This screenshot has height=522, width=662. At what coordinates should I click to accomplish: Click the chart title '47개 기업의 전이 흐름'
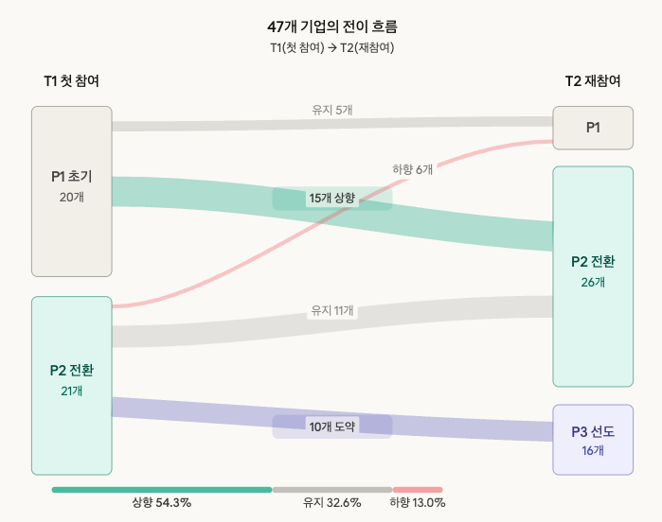tap(331, 26)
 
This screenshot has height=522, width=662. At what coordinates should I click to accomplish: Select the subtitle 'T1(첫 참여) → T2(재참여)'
tap(331, 47)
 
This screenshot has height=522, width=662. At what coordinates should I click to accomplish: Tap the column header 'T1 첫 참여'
tap(71, 81)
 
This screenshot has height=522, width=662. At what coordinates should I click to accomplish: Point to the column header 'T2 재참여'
tap(593, 81)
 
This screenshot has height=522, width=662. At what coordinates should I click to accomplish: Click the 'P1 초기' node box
tap(71, 191)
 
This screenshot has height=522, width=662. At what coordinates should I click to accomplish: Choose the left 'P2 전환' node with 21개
tap(71, 385)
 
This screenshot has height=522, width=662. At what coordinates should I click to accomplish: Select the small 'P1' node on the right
tap(593, 128)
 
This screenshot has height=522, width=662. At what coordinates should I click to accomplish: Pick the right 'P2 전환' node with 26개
tap(593, 276)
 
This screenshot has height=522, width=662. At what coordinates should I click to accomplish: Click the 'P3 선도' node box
tap(593, 440)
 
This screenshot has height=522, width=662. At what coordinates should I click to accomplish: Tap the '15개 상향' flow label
tap(331, 199)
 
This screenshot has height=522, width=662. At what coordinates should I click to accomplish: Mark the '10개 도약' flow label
tap(331, 426)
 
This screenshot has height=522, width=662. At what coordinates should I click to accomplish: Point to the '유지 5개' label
tap(332, 110)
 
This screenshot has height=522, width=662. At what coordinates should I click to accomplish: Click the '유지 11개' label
tap(332, 310)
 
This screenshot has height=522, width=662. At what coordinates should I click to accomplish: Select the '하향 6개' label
tap(413, 169)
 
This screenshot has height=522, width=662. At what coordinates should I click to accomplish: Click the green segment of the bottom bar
tap(162, 490)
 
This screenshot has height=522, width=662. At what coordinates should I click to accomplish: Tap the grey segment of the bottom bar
tap(332, 490)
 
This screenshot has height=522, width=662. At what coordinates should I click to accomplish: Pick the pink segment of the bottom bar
tap(418, 490)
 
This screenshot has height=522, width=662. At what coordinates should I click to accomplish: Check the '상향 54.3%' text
tap(162, 503)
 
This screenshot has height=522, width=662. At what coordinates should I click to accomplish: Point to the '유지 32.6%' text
tap(332, 503)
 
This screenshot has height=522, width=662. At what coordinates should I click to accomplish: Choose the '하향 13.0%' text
tap(418, 503)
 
